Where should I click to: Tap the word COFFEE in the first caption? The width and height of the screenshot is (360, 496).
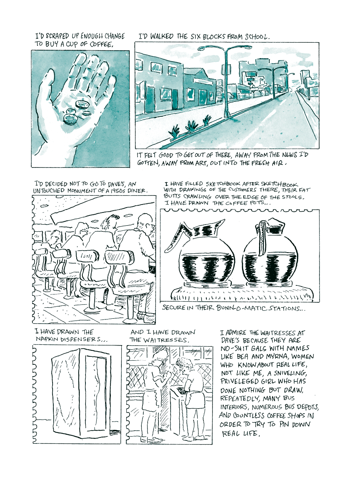[101, 45]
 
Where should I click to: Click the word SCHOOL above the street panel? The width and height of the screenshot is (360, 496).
[257, 37]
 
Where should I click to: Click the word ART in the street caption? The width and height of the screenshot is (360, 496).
[201, 163]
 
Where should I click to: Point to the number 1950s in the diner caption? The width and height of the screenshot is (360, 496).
[118, 191]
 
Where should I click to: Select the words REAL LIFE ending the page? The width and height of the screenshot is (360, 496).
[240, 433]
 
